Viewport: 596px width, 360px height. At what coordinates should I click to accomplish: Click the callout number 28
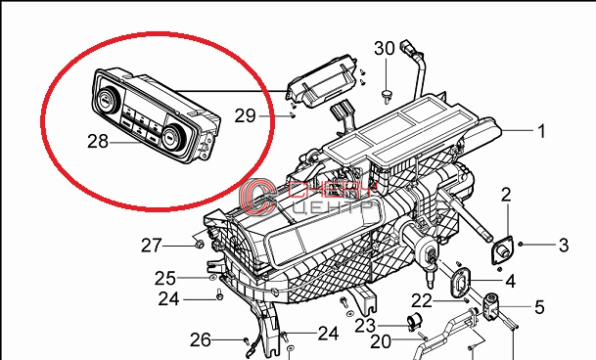[98, 142]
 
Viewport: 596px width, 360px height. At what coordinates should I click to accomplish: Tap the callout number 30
[385, 49]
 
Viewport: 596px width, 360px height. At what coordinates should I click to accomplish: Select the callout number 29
[246, 115]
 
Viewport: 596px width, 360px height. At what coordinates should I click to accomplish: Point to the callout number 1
[541, 131]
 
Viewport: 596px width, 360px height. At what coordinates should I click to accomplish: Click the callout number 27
[152, 246]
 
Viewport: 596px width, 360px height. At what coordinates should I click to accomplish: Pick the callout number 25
[165, 278]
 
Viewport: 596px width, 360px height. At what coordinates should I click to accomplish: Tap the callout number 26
[200, 339]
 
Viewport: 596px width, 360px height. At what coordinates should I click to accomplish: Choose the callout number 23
[365, 326]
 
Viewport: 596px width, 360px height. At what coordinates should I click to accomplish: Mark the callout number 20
[381, 341]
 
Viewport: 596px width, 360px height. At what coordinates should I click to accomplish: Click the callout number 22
[422, 301]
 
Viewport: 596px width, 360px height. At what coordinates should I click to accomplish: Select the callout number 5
[539, 307]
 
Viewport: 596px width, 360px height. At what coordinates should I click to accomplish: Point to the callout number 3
[564, 246]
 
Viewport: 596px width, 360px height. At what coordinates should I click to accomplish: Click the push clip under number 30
[387, 96]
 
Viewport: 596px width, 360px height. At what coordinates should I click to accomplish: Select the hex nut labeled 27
[199, 244]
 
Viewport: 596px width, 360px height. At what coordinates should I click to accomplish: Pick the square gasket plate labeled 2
[502, 249]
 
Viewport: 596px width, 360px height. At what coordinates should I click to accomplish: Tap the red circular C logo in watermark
[257, 196]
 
